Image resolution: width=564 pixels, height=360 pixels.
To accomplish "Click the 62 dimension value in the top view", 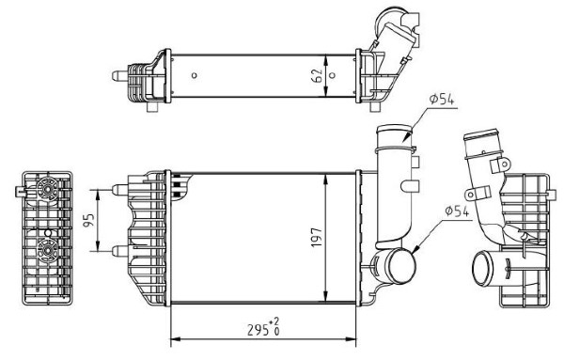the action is point(318,75).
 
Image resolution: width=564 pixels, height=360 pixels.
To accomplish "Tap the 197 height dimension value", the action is point(317,237).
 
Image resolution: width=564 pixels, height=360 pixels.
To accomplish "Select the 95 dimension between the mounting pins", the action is point(89,221).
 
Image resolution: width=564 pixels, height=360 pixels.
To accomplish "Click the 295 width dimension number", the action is point(258,329).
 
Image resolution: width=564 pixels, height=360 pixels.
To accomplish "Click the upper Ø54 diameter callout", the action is point(442,99).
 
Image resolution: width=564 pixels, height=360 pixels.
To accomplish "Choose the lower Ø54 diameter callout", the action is point(457,211).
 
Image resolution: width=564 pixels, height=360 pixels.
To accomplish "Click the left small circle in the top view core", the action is point(195,75).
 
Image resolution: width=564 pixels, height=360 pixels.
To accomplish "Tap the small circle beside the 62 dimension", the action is point(333,75).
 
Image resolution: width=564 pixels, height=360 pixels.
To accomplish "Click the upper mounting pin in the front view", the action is point(119,190).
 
